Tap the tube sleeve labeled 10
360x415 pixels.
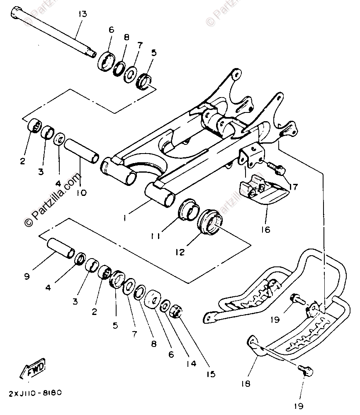click(x=82, y=151)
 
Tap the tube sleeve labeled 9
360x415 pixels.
click(x=60, y=249)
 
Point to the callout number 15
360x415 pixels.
click(x=211, y=374)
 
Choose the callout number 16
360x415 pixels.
click(x=265, y=229)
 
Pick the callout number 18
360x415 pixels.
click(x=246, y=383)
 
